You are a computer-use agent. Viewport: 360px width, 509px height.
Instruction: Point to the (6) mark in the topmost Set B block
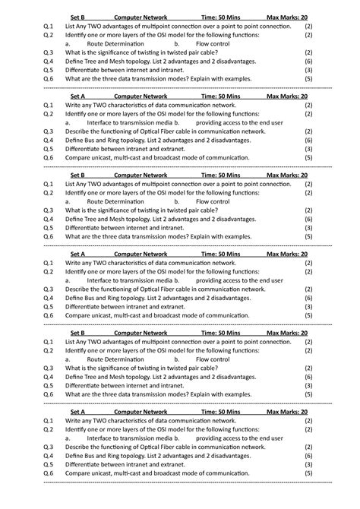308,61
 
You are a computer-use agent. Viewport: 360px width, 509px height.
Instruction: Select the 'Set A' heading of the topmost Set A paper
77,96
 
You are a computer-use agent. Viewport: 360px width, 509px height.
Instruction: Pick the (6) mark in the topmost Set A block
308,140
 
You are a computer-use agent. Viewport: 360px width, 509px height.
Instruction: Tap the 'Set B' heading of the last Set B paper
77,333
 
